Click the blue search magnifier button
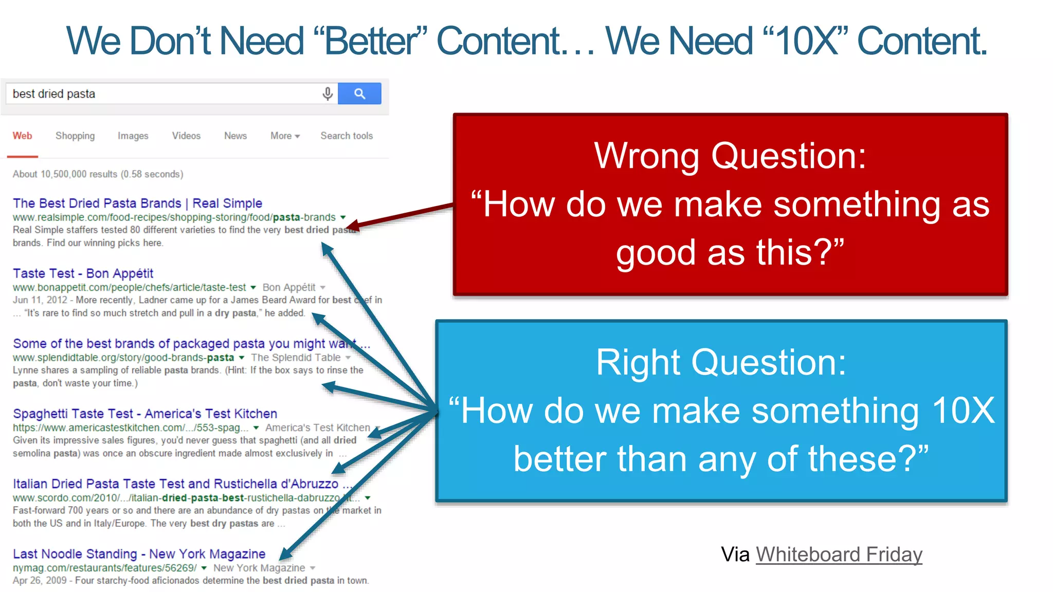pos(359,94)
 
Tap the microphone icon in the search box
pos(328,94)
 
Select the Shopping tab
pos(75,136)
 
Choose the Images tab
pos(133,136)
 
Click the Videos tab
pos(186,136)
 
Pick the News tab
pos(235,136)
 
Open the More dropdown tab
pos(285,136)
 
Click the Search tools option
pos(347,136)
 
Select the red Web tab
pos(22,136)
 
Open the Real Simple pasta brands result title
pos(137,203)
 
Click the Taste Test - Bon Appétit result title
pos(83,273)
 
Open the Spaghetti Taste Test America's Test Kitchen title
pos(144,414)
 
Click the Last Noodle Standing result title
pos(139,554)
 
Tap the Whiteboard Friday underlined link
pos(839,554)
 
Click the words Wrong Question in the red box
pos(730,156)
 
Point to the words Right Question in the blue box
pos(721,362)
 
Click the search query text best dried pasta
pos(54,94)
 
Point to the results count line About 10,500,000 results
pos(98,174)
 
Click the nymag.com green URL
pos(104,568)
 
